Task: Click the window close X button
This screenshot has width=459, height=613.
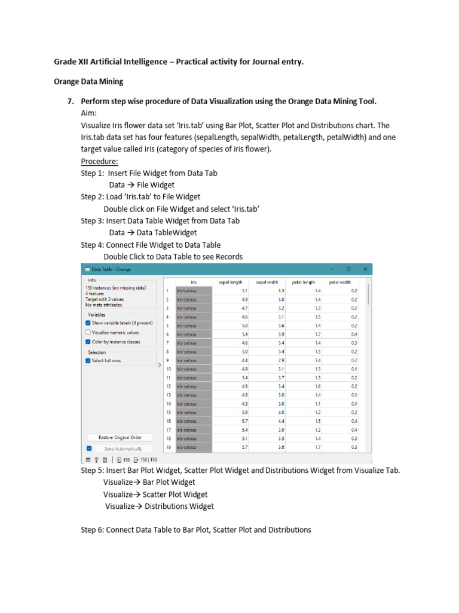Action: click(364, 269)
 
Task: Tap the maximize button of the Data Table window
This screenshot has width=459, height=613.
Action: click(348, 269)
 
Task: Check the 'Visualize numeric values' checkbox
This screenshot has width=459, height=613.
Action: click(88, 332)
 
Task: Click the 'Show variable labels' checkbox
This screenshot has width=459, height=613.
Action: click(88, 323)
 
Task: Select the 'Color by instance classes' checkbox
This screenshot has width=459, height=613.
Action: click(88, 342)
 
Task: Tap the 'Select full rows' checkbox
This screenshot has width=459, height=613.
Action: click(88, 361)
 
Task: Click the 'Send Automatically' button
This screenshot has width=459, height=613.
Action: click(123, 448)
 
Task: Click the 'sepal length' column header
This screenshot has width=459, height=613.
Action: click(230, 281)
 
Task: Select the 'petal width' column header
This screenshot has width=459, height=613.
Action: click(340, 281)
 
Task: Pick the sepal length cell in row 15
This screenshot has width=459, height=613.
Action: click(231, 412)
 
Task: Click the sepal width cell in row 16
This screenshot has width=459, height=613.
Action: click(268, 421)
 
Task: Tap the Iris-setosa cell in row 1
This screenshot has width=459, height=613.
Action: click(194, 290)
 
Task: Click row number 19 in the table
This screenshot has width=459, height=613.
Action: click(169, 447)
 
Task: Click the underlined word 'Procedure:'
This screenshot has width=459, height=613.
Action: click(99, 161)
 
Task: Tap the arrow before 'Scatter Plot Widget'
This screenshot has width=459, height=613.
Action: click(136, 494)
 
